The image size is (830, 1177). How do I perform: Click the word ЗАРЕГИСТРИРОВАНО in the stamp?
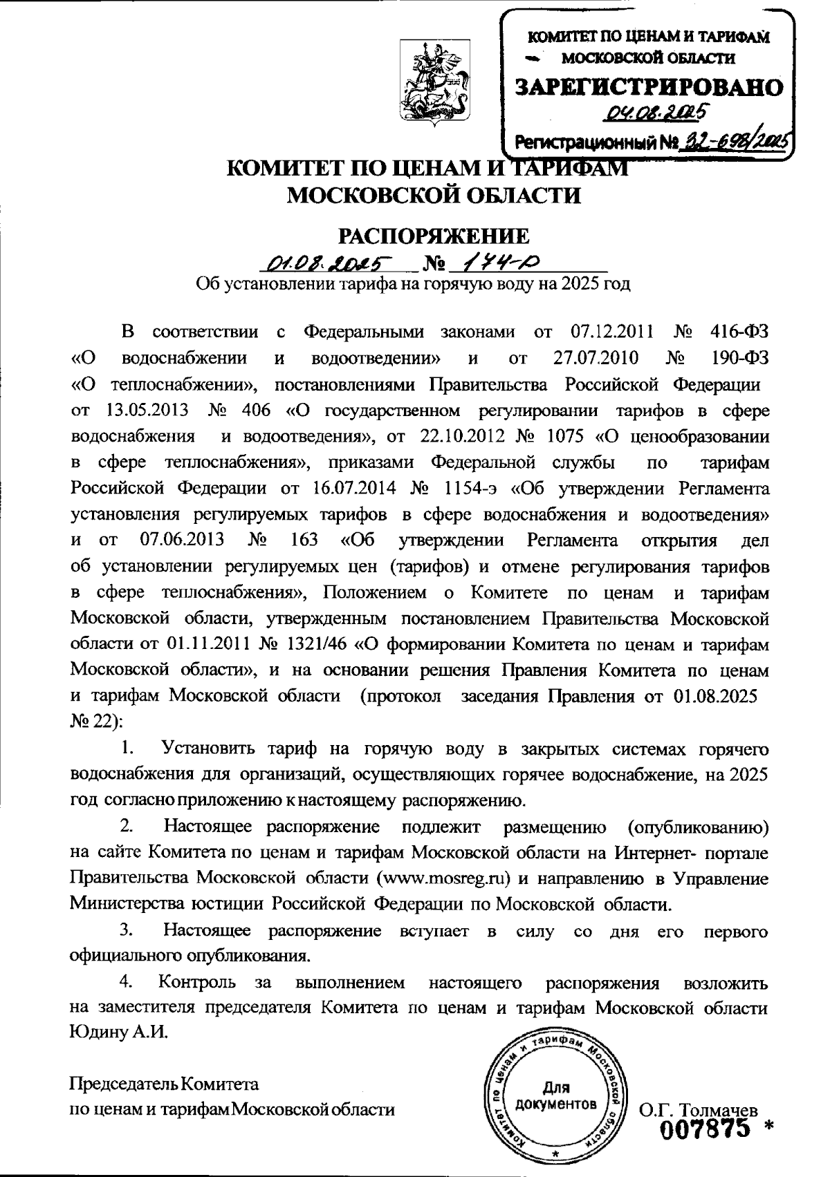(649, 86)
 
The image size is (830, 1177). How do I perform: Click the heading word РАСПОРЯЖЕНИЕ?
(433, 236)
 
